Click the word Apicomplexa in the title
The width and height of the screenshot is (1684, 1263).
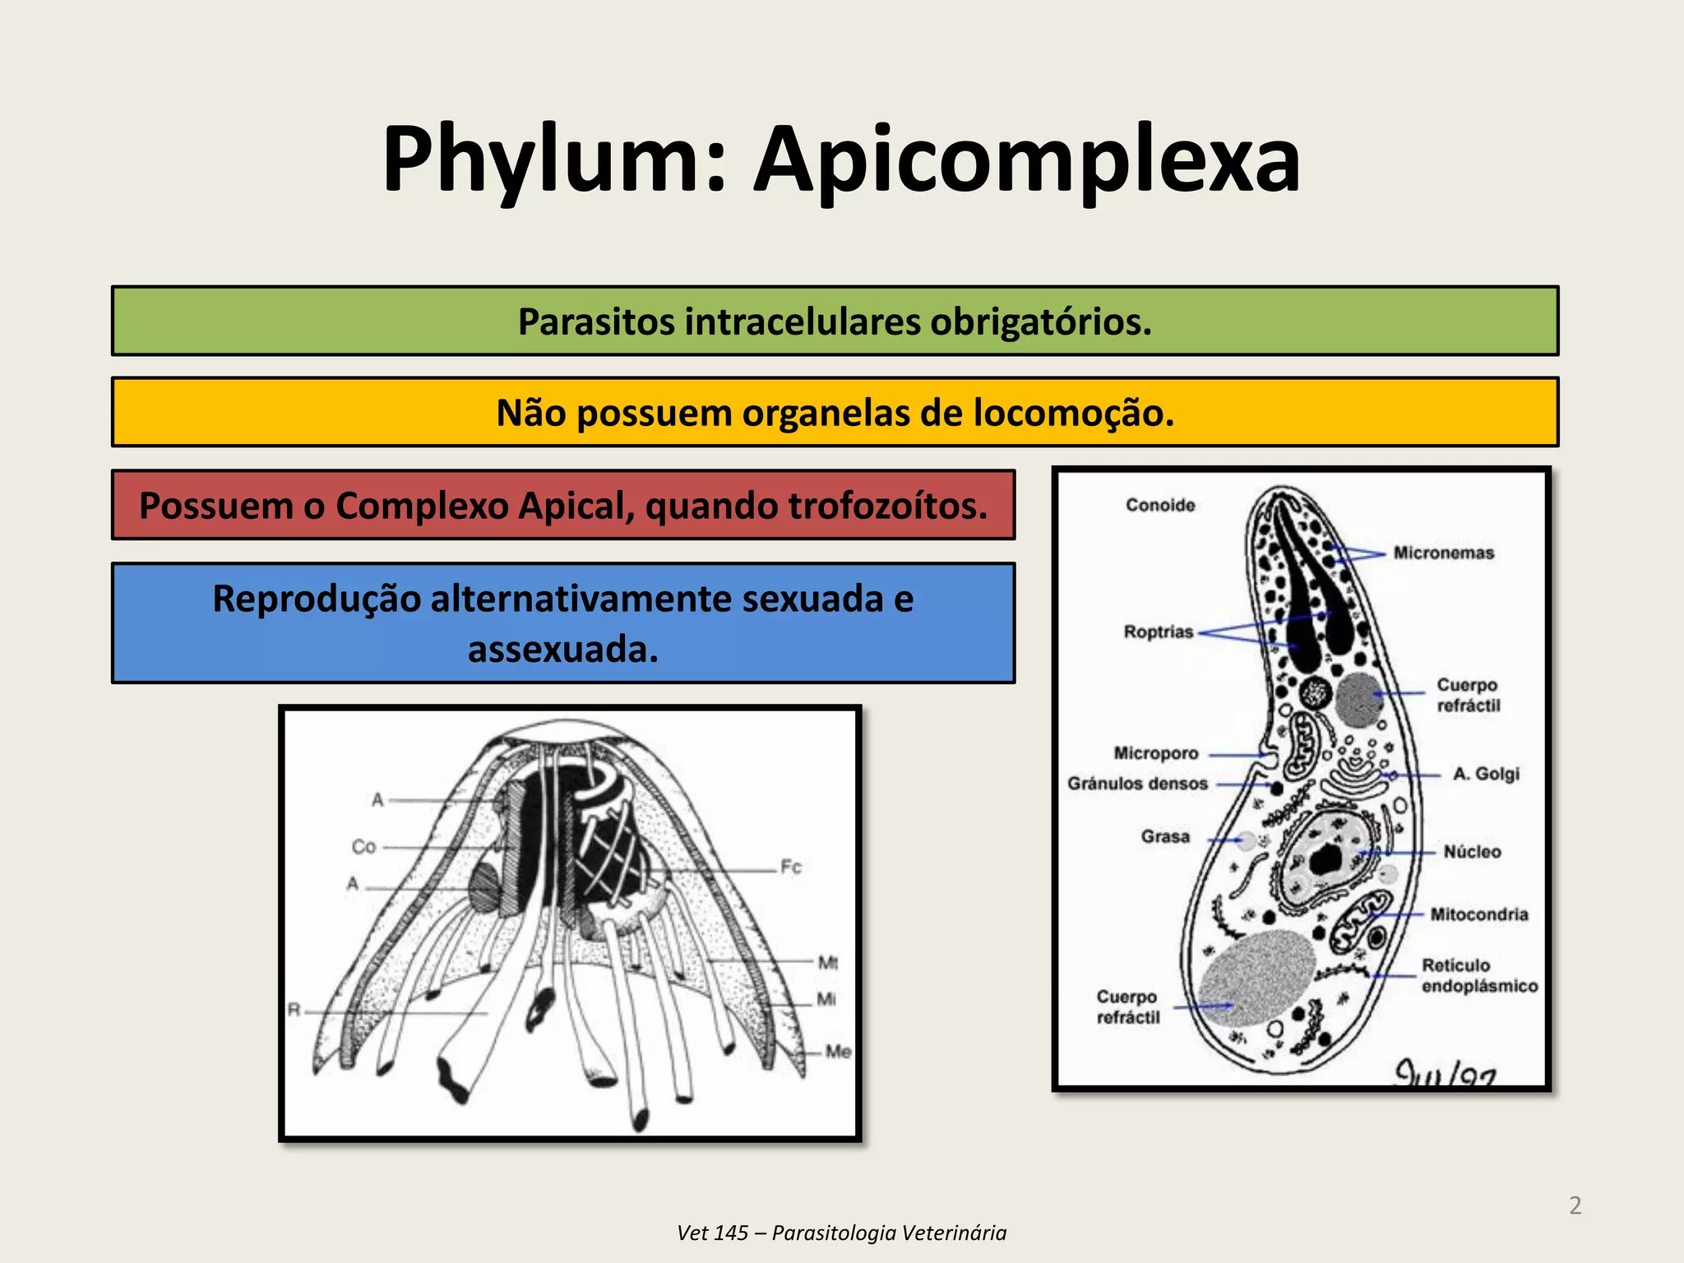[1027, 160]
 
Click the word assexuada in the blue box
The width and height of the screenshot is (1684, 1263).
[563, 650]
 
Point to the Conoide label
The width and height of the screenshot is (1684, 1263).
[1160, 505]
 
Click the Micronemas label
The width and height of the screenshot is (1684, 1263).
[1443, 553]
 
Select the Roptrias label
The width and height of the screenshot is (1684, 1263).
[1158, 631]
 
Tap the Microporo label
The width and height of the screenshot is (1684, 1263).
[1156, 753]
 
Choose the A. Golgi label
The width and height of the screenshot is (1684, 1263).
[1486, 774]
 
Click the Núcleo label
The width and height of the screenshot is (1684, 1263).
[1472, 852]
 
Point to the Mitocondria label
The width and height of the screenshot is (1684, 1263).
[1478, 914]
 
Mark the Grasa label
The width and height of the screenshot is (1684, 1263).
[1165, 836]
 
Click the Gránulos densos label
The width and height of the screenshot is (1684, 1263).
[1137, 784]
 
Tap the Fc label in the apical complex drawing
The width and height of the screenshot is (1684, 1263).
[790, 867]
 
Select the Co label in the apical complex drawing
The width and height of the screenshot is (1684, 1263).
[363, 846]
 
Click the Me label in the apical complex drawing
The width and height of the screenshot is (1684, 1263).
[838, 1051]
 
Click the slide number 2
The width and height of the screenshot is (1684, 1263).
[1575, 1205]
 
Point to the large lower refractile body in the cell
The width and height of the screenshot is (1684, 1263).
[1256, 978]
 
